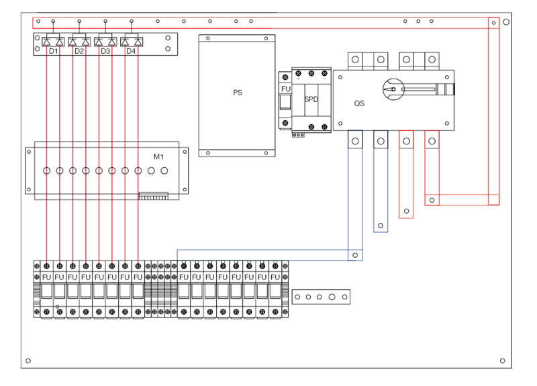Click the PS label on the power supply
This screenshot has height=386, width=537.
click(x=238, y=93)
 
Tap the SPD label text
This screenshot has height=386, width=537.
click(x=311, y=99)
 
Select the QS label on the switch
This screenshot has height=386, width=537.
click(x=359, y=103)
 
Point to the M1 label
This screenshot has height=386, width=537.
click(x=158, y=157)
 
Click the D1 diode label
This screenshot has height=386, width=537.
click(x=54, y=51)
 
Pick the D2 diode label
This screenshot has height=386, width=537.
click(x=79, y=51)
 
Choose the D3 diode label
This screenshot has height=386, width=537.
click(x=105, y=51)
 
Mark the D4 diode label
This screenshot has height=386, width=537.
click(x=131, y=51)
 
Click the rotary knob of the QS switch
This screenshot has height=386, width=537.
click(x=393, y=89)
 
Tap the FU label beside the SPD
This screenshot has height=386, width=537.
click(x=286, y=89)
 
